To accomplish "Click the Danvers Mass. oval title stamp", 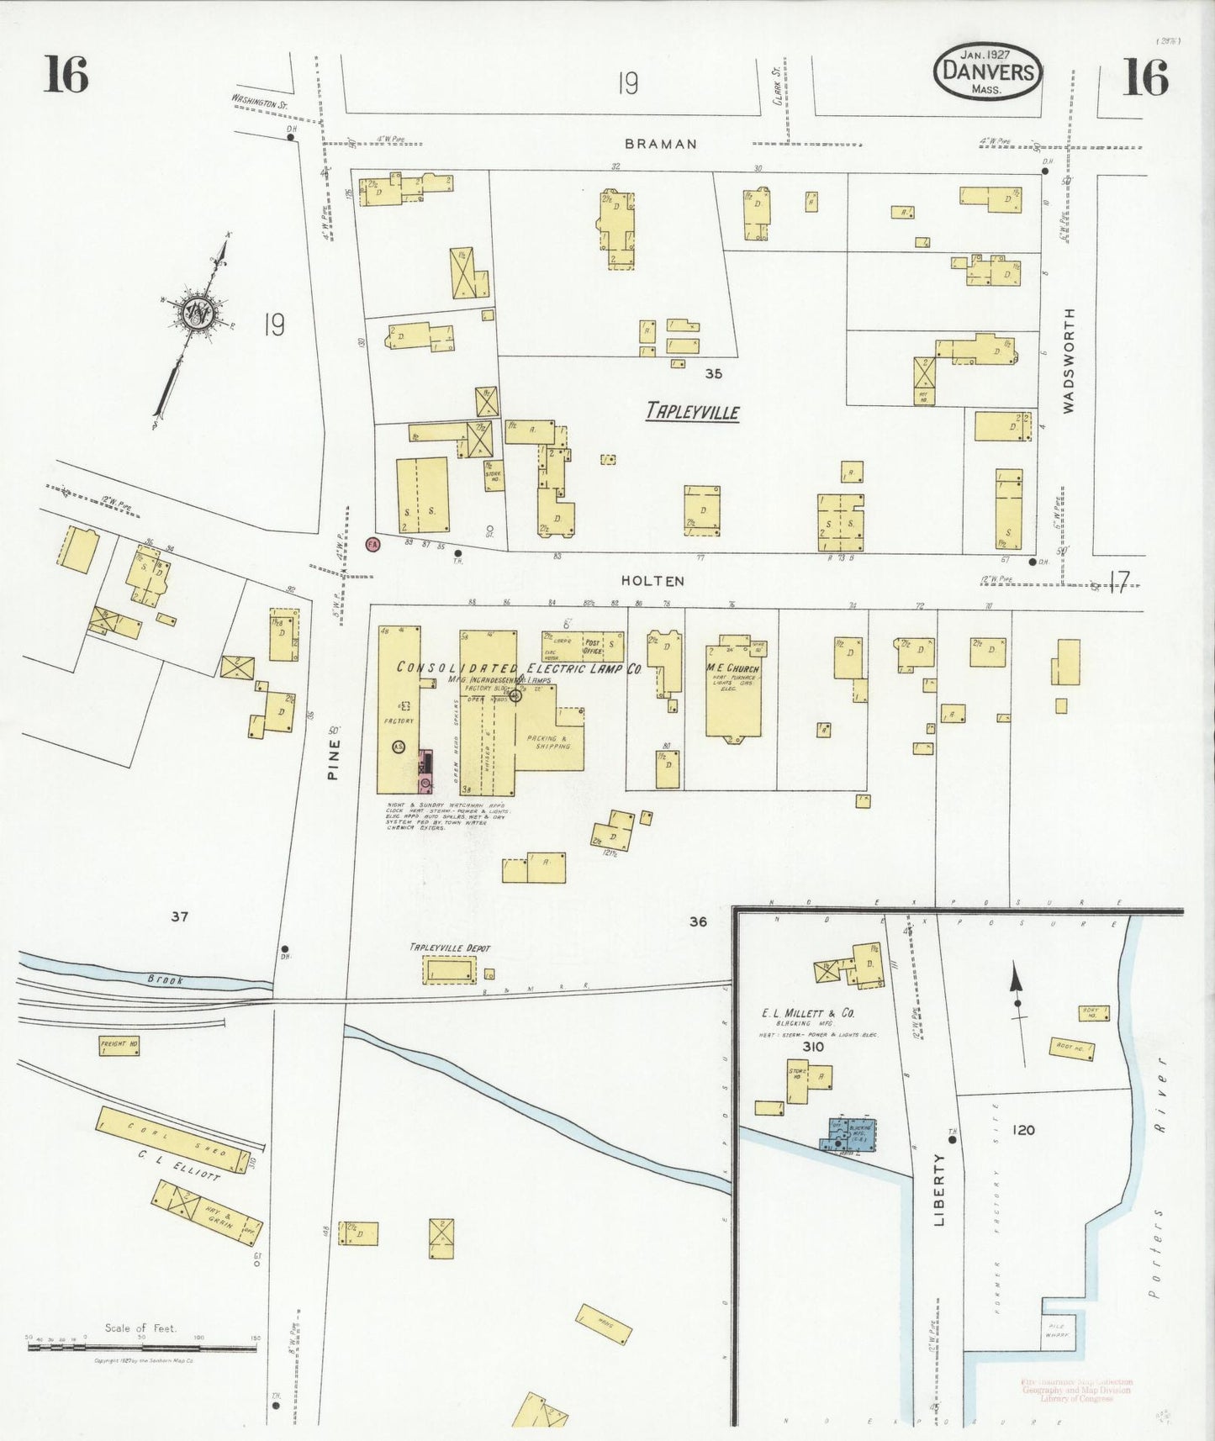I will click(988, 71).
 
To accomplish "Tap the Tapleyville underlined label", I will click(692, 411).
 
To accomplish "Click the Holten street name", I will click(652, 580).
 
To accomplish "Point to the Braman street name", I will click(661, 144).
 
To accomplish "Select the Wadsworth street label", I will click(1069, 360).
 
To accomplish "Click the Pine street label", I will click(333, 759).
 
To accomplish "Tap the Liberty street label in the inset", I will click(939, 1189).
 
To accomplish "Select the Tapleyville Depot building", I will click(449, 971).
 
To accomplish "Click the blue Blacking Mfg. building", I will click(850, 1133).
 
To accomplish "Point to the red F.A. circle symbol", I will click(373, 544).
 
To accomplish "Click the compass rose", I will click(199, 313).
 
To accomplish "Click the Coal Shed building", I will click(173, 1139).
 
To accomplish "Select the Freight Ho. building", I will click(119, 1046).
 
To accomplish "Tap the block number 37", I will click(179, 916).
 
